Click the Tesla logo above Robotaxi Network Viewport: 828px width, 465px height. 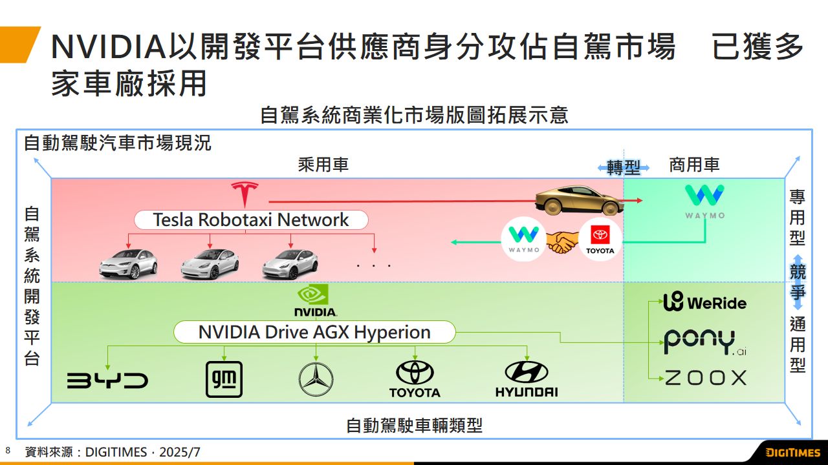click(x=245, y=194)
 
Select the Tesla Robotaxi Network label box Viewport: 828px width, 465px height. click(x=251, y=220)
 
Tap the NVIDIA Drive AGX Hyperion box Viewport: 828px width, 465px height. click(x=314, y=333)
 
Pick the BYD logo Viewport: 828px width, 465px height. click(x=107, y=380)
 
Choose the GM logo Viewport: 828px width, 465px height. click(x=224, y=379)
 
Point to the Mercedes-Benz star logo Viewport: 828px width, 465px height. click(x=316, y=379)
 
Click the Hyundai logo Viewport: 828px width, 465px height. click(x=527, y=378)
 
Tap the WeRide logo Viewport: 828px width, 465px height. click(x=705, y=302)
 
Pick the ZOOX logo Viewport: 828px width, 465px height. click(x=706, y=378)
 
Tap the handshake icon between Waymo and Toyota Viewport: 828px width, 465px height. click(x=561, y=242)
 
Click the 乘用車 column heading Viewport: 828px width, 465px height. click(x=323, y=165)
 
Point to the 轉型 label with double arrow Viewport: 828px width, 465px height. click(x=624, y=168)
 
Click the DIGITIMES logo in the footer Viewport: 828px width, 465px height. click(x=793, y=452)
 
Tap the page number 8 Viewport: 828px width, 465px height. click(x=8, y=450)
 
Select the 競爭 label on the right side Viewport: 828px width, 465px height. click(x=798, y=282)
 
